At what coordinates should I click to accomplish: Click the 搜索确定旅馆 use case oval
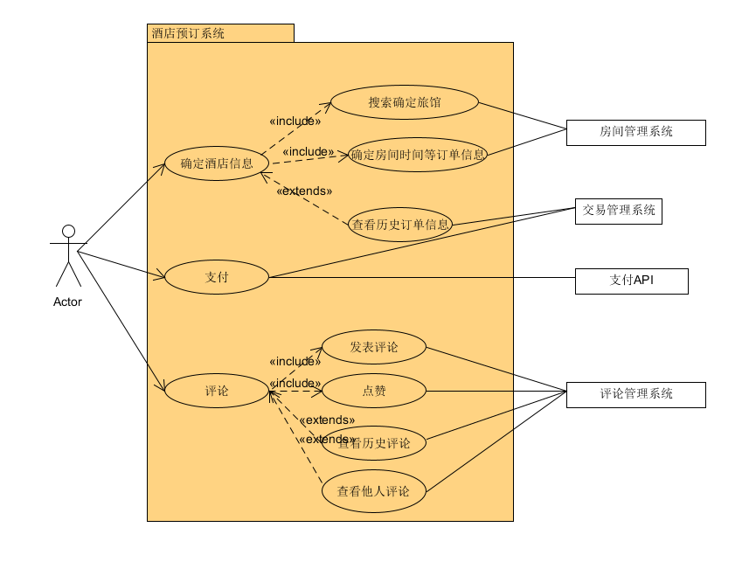[405, 102]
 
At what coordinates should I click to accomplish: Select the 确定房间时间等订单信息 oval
[418, 156]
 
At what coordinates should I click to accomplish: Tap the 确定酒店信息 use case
[217, 163]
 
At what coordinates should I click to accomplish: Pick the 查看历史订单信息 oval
[400, 225]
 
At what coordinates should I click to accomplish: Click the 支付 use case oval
[217, 277]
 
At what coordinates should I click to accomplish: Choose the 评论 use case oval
[217, 391]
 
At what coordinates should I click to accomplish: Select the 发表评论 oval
[374, 347]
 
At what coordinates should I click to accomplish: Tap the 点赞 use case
[374, 391]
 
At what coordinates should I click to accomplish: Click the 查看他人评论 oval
[374, 491]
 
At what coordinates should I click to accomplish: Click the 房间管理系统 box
[635, 132]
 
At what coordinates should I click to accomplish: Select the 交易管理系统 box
[618, 211]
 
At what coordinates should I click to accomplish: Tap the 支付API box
[631, 281]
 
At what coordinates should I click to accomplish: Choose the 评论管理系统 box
[635, 394]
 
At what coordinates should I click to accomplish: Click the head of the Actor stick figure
[68, 232]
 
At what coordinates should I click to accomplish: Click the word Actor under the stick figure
[67, 302]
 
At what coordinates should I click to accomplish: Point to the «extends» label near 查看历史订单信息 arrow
[303, 191]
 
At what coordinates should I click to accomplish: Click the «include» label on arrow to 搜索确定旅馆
[295, 121]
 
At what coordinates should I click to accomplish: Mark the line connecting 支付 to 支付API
[437, 279]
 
